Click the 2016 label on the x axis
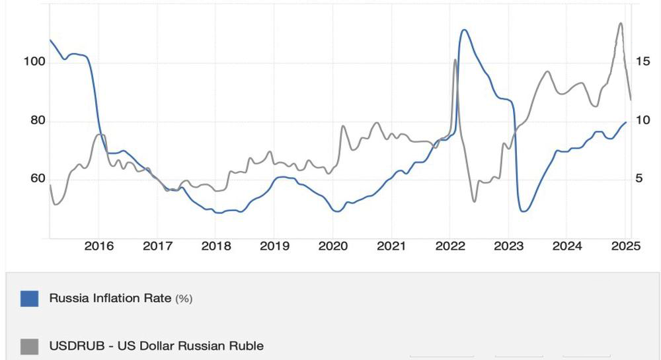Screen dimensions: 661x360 (98, 246)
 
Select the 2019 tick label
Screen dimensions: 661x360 (274, 246)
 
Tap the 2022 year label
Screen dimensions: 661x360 (449, 246)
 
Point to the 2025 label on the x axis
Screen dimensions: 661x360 (625, 246)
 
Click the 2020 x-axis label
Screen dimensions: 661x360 (333, 246)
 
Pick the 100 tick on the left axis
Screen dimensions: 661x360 (34, 61)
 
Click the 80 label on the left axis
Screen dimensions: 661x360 (38, 120)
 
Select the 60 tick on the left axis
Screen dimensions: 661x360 (38, 178)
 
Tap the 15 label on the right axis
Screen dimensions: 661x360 (643, 61)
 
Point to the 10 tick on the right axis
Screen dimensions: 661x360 (643, 120)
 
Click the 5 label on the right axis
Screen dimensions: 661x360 (639, 178)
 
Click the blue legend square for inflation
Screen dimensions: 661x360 (30, 299)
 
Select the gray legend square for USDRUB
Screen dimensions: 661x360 (30, 347)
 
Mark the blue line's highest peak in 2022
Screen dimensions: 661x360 (464, 30)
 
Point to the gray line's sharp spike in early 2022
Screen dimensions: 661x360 (455, 59)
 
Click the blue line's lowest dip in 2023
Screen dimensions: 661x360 (523, 211)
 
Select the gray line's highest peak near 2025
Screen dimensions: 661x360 (621, 22)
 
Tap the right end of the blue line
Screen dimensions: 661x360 (626, 122)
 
